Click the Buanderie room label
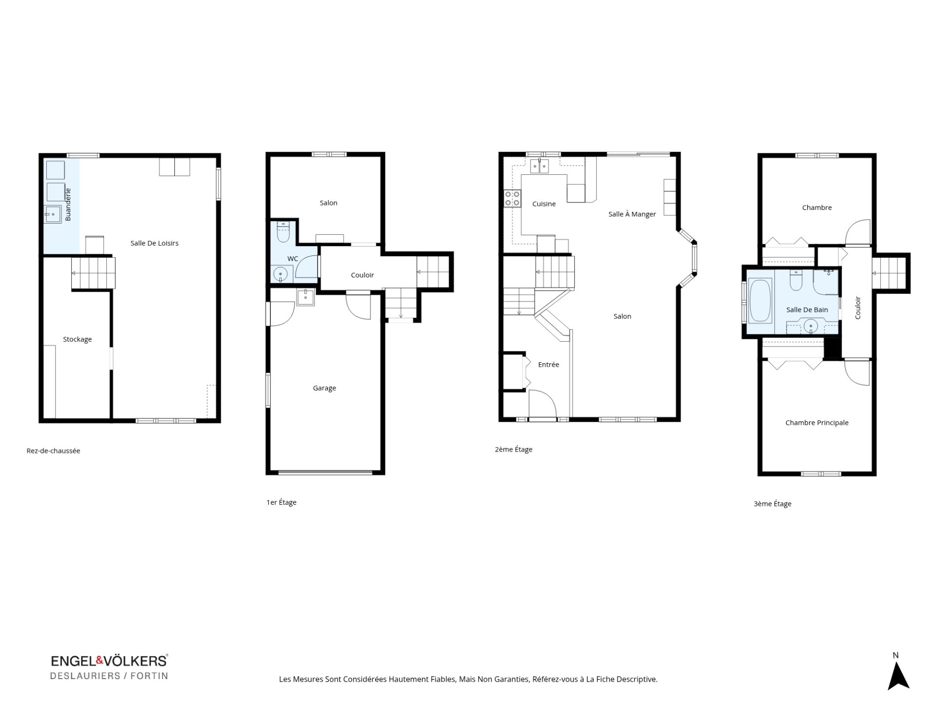[x=68, y=205]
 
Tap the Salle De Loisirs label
[x=154, y=243]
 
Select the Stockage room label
[x=77, y=339]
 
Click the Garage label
[x=325, y=388]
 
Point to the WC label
[x=293, y=259]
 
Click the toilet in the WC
[x=283, y=232]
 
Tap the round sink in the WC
[x=280, y=274]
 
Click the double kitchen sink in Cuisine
[x=540, y=166]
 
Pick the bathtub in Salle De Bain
[x=760, y=300]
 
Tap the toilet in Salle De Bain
[x=796, y=280]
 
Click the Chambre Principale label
[x=817, y=423]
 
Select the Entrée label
[x=549, y=365]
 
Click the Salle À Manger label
[x=632, y=214]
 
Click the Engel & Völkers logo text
[x=109, y=661]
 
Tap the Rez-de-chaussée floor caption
[x=53, y=451]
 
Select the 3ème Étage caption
[x=773, y=504]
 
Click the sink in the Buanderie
[x=53, y=215]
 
